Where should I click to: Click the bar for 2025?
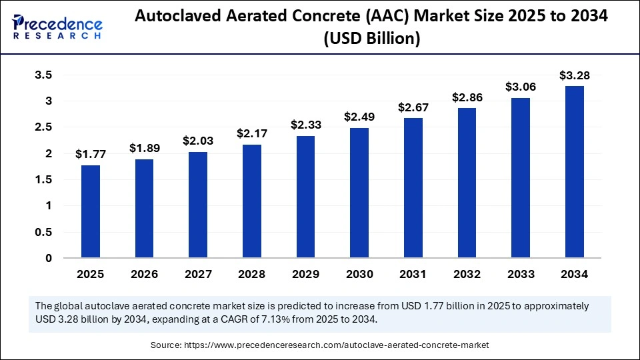click(91, 211)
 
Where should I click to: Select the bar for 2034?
click(575, 172)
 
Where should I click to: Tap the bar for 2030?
click(359, 193)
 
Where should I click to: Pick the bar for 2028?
click(251, 201)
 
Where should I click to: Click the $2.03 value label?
click(198, 141)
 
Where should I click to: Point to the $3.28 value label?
click(575, 75)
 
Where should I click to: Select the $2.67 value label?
click(413, 107)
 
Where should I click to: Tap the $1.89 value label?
click(145, 148)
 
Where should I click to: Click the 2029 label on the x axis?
click(305, 274)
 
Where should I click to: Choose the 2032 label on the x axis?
click(467, 274)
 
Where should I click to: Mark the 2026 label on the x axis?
click(145, 274)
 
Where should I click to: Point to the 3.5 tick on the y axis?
click(43, 75)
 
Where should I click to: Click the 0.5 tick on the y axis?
click(43, 232)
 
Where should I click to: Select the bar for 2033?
click(521, 178)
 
